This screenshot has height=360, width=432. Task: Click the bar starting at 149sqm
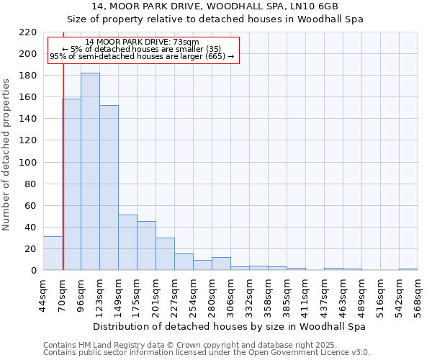(x=127, y=242)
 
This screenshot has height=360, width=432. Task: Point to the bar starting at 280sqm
(x=221, y=264)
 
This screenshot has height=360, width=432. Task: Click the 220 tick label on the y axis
(x=28, y=32)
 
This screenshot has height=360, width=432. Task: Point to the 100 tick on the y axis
(x=28, y=163)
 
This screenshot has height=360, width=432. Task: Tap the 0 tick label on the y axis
(x=33, y=271)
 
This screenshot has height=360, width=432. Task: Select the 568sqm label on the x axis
(x=418, y=294)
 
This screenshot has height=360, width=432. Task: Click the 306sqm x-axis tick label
(x=230, y=294)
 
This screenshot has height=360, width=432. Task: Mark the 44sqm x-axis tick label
(x=43, y=294)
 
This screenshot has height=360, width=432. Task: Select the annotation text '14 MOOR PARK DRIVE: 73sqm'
(x=141, y=42)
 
